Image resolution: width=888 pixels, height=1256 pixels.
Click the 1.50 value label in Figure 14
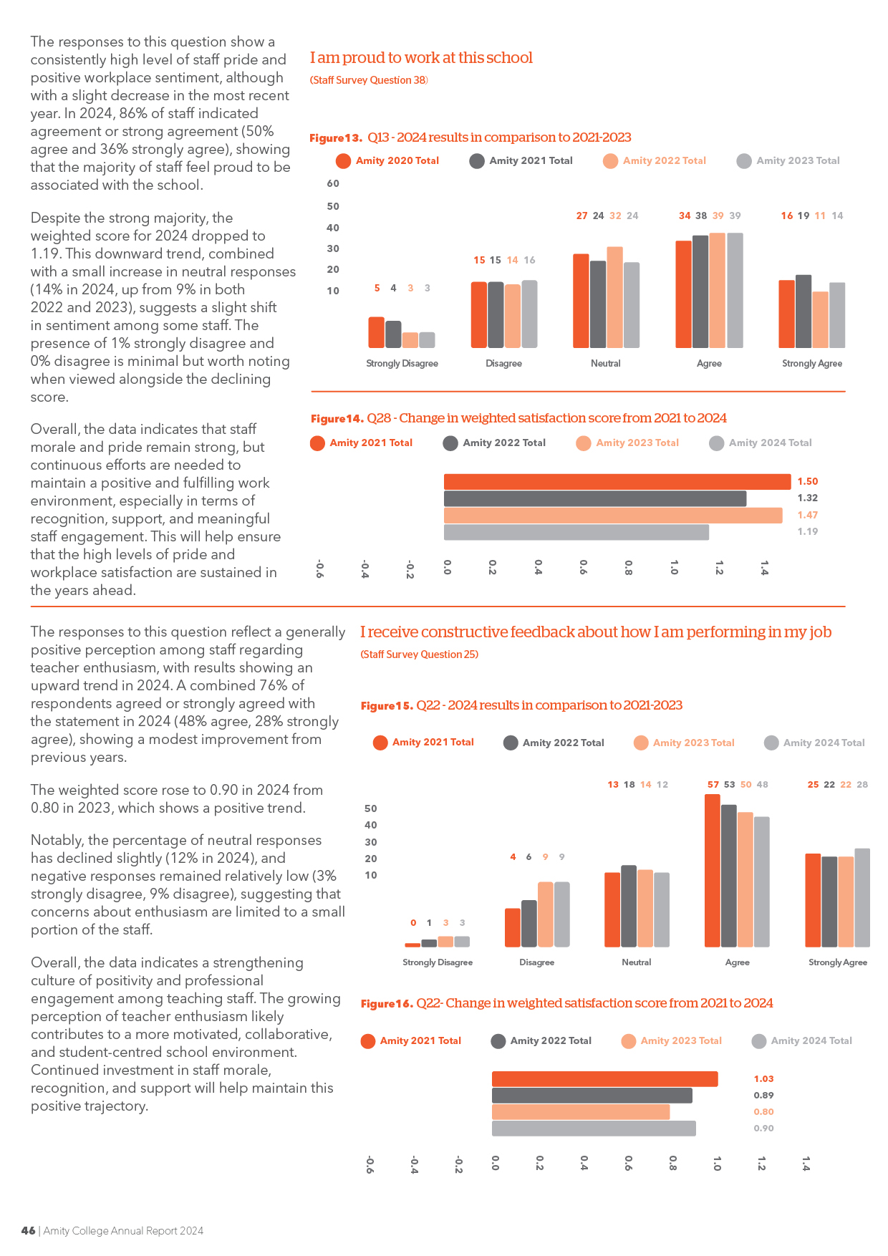point(808,481)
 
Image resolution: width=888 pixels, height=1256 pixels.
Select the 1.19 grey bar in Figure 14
point(576,532)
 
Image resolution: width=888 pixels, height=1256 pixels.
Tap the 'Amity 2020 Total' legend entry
point(387,160)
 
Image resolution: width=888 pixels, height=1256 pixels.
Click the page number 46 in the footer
point(28,1230)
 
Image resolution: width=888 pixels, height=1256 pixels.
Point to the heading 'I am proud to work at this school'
point(421,57)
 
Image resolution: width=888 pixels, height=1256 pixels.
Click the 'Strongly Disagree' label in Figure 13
point(402,363)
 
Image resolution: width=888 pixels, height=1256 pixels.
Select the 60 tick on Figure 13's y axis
point(333,183)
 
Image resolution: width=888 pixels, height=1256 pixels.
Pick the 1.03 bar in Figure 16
point(604,1078)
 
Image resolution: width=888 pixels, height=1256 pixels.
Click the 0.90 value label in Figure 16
point(763,1128)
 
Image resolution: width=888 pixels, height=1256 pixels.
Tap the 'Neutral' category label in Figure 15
point(637,962)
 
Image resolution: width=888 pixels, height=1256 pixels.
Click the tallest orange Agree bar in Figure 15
point(713,871)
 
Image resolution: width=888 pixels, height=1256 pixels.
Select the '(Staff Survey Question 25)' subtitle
point(420,654)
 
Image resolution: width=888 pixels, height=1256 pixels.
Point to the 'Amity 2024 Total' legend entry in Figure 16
point(802,1040)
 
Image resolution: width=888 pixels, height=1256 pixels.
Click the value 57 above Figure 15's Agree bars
point(713,784)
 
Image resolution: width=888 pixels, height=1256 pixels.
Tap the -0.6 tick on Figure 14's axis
point(319,569)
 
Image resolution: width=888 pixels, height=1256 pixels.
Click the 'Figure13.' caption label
point(336,137)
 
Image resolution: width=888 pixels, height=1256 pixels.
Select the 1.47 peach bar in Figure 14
point(613,516)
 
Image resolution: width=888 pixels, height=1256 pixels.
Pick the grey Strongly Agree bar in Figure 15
point(862,898)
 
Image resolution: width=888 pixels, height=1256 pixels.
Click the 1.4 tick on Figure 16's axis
point(806,1164)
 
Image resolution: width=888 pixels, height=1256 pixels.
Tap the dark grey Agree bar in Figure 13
point(700,291)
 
